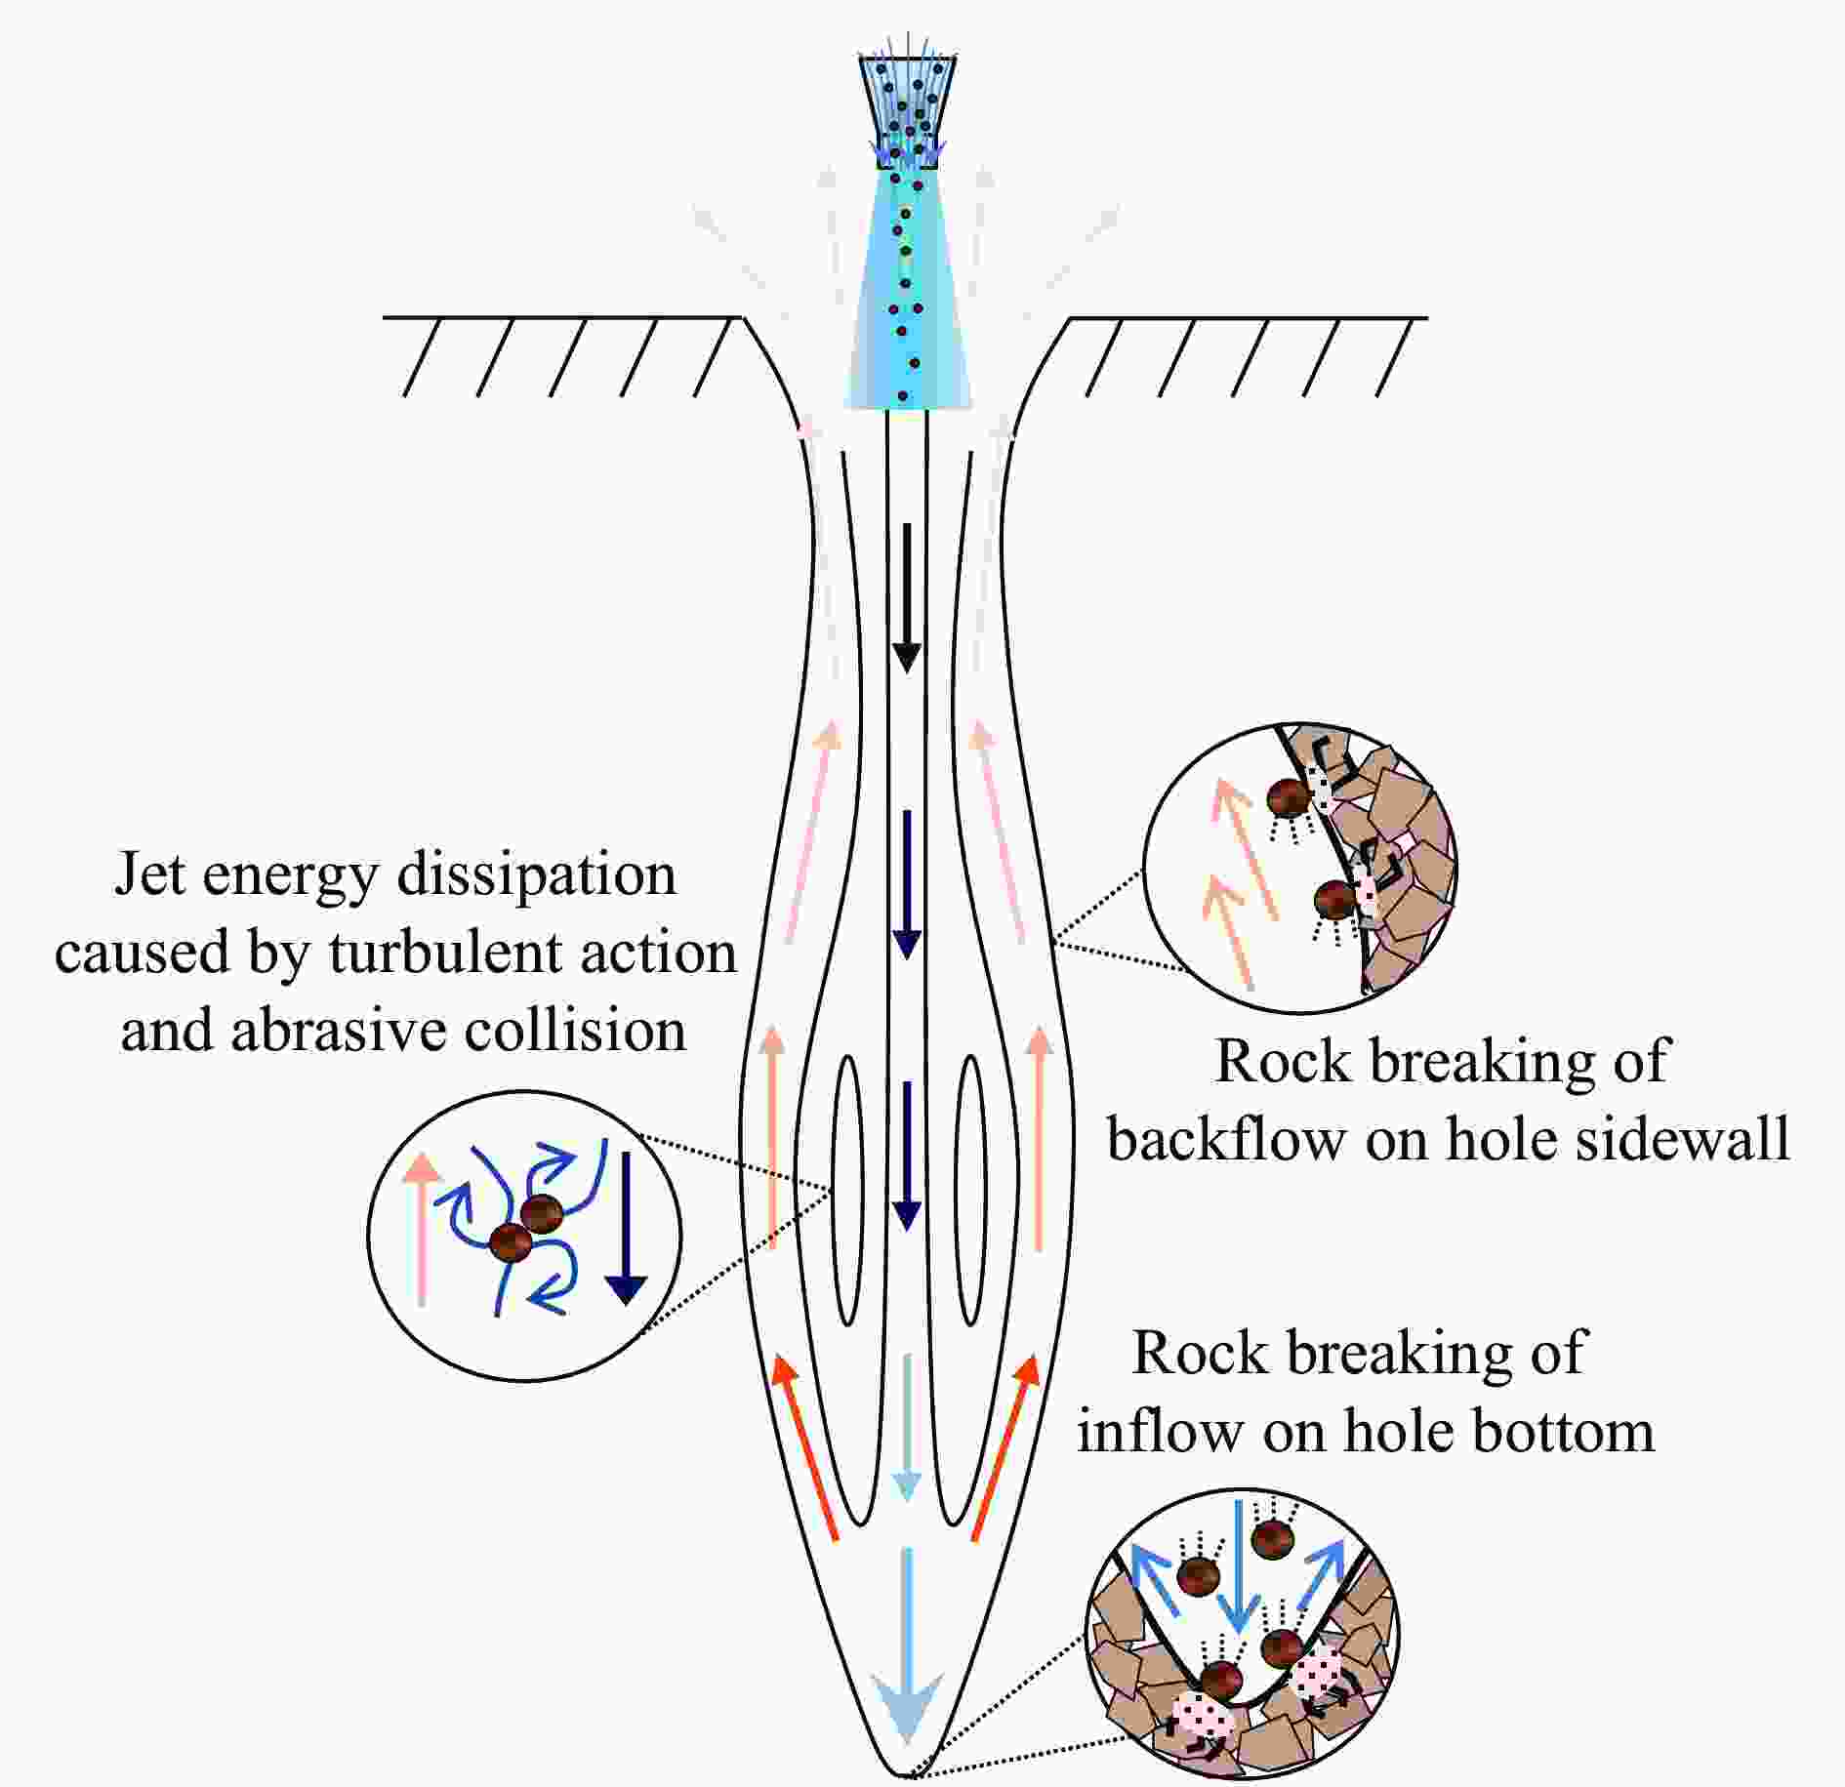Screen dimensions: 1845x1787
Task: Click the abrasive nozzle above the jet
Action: (907, 110)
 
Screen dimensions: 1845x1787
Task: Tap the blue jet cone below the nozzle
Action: (908, 293)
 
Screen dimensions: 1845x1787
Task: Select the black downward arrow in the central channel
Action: (908, 598)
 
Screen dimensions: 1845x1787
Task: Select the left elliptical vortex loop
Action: (847, 1190)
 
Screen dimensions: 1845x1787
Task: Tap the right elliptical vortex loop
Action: (970, 1190)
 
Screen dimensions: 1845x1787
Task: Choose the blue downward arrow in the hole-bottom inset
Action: (1238, 1565)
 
